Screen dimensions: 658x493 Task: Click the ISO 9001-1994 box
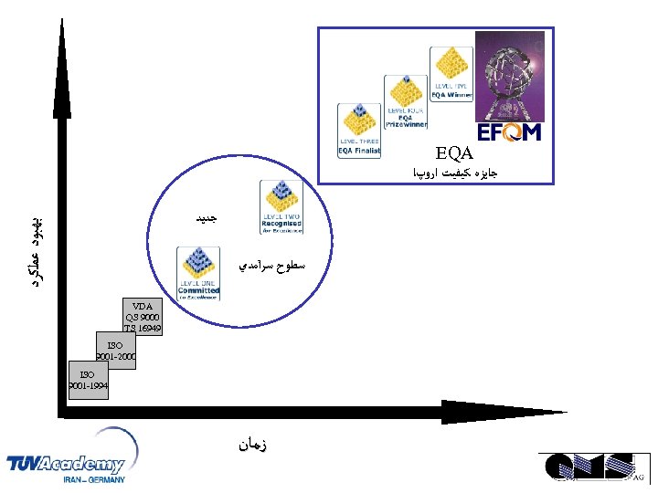[x=88, y=380]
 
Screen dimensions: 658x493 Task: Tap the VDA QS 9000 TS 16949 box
[x=143, y=316]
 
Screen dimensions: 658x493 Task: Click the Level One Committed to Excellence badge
[x=199, y=274]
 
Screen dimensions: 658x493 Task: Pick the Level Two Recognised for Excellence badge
[x=281, y=207]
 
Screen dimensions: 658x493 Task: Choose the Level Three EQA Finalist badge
[x=359, y=130]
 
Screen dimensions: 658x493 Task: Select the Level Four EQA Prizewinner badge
[x=405, y=102]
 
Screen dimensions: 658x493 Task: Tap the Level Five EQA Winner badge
[x=451, y=74]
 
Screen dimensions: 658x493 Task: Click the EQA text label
[x=454, y=152]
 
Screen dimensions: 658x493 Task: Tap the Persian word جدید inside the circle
[x=206, y=218]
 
